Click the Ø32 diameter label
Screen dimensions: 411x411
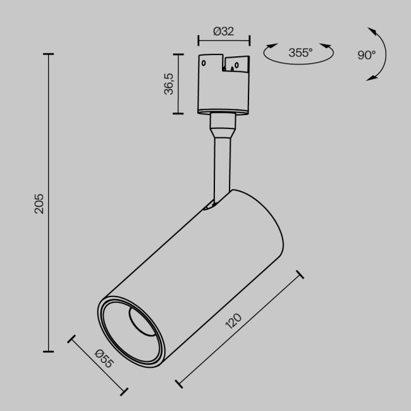(224, 31)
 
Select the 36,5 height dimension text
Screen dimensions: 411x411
(169, 84)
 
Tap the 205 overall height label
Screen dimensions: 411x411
(39, 203)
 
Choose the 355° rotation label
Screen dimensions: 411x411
(300, 53)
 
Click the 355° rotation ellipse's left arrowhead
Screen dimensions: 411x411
(270, 46)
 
